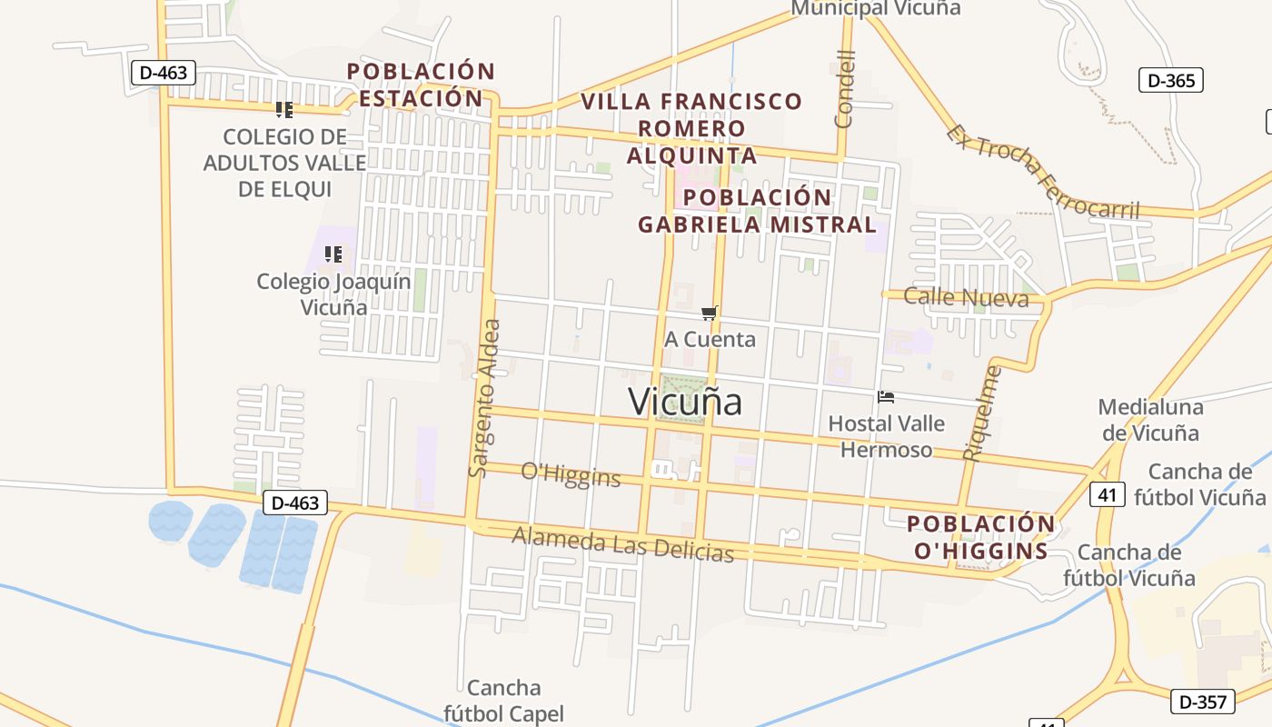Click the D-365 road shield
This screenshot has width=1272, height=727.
(1171, 80)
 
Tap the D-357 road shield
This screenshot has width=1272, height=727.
(1204, 701)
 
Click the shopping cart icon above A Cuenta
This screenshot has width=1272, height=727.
(710, 314)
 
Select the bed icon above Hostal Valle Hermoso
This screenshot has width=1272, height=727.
(886, 397)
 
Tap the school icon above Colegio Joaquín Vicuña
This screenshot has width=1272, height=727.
(333, 254)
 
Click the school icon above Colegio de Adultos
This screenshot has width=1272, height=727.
(284, 110)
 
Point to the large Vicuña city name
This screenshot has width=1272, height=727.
(686, 402)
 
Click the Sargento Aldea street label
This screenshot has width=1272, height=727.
(484, 398)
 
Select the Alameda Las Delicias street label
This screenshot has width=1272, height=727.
(622, 543)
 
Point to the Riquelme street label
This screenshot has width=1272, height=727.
(982, 413)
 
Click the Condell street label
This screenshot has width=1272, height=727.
(845, 88)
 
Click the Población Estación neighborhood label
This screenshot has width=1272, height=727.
(421, 85)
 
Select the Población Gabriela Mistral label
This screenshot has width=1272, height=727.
(757, 211)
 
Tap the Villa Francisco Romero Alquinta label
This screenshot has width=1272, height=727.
(692, 128)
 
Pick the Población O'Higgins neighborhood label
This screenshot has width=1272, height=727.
(981, 537)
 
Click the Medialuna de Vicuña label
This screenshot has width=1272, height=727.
(1150, 420)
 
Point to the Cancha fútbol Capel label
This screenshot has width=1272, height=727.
(503, 701)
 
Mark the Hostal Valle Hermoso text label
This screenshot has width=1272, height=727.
(886, 436)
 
